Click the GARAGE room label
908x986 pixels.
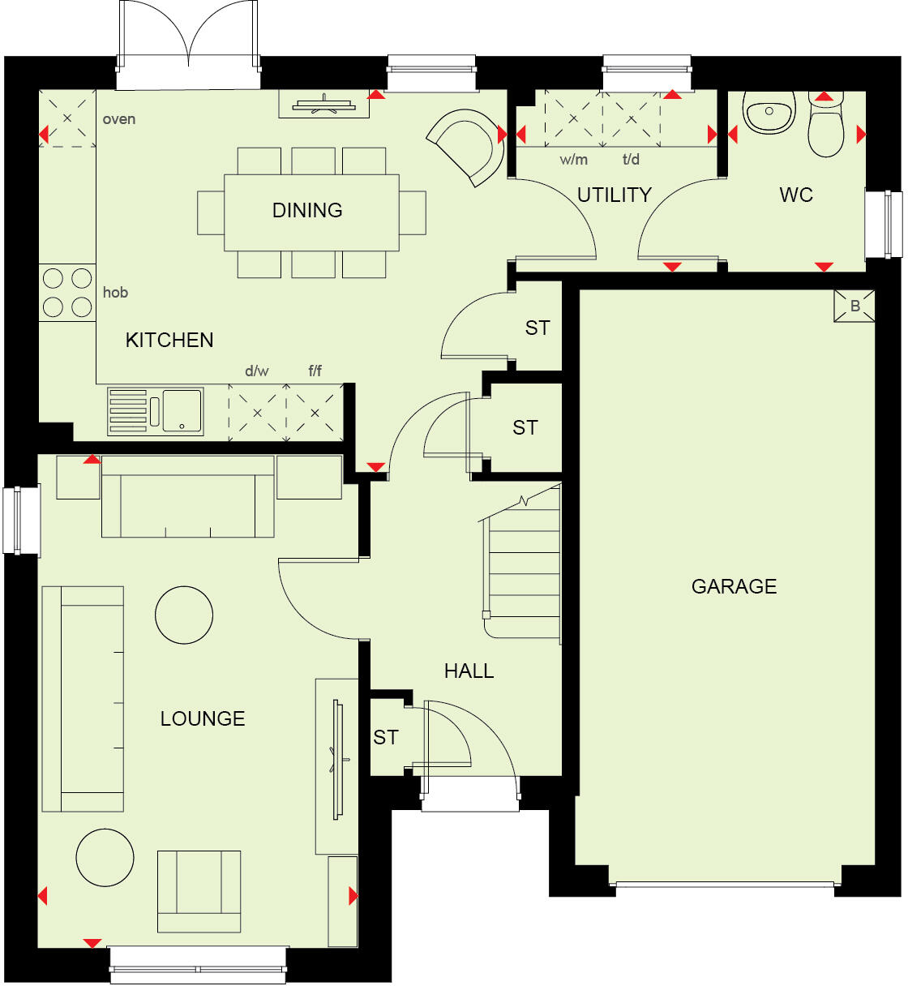pyautogui.click(x=734, y=586)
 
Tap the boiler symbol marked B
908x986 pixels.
pyautogui.click(x=854, y=307)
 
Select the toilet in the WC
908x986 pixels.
pyautogui.click(x=826, y=126)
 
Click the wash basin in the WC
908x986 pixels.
pyautogui.click(x=769, y=114)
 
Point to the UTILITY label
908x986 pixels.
pyautogui.click(x=614, y=195)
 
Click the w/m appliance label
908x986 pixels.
pyautogui.click(x=573, y=160)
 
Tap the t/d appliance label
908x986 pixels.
pyautogui.click(x=631, y=160)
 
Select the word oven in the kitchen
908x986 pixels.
pyautogui.click(x=118, y=119)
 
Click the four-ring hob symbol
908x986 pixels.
pyautogui.click(x=67, y=293)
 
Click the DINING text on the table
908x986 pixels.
pyautogui.click(x=307, y=211)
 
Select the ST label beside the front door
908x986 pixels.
pyautogui.click(x=386, y=737)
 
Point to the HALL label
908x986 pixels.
pyautogui.click(x=469, y=671)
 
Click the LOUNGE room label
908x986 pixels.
pyautogui.click(x=203, y=718)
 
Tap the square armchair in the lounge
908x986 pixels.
pyautogui.click(x=199, y=891)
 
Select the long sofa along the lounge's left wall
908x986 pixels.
pyautogui.click(x=83, y=698)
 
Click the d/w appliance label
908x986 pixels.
pyautogui.click(x=256, y=371)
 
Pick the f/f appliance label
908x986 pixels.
pyautogui.click(x=315, y=371)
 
